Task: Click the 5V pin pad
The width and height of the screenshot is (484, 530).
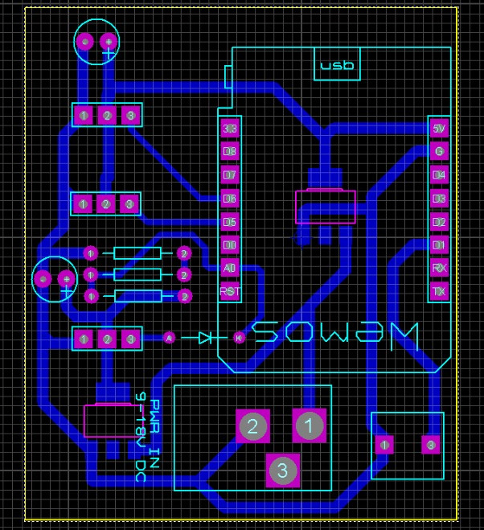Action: click(439, 128)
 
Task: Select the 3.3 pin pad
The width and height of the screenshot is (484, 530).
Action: click(230, 129)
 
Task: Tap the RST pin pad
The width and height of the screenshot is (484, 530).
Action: click(230, 291)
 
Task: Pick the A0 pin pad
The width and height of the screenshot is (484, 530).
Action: click(230, 268)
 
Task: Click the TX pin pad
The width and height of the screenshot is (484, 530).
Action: click(439, 291)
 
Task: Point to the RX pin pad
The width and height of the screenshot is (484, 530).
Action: click(439, 268)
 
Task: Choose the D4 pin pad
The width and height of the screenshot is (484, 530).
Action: click(439, 175)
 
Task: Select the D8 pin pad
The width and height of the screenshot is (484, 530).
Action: click(230, 151)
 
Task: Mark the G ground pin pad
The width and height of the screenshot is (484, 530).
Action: click(439, 151)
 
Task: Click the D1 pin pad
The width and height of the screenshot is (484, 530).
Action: click(439, 244)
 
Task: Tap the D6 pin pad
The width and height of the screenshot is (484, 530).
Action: click(230, 198)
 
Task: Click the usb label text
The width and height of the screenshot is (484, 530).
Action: click(337, 66)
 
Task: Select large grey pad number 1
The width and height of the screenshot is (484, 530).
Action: click(310, 425)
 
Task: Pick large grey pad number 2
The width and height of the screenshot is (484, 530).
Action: click(252, 426)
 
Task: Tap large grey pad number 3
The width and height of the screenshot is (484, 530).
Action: click(282, 470)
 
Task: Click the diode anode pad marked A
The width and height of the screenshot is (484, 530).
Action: click(169, 338)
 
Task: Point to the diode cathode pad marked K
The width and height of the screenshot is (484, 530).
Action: click(239, 338)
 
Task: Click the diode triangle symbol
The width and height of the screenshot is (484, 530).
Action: click(205, 338)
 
